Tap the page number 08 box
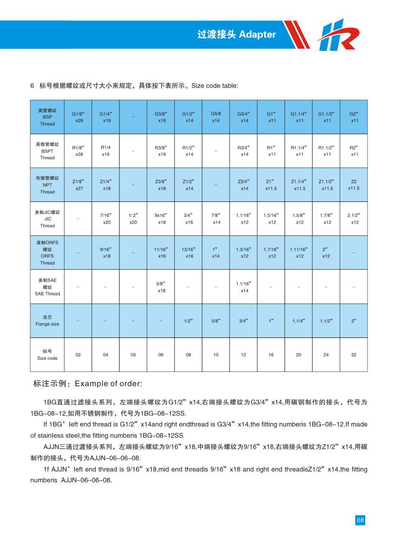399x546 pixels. coord(360,520)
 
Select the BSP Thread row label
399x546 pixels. coord(47,117)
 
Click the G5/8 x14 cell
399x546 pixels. coord(216,117)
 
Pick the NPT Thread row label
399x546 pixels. coord(47,185)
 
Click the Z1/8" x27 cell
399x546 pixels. coord(78,185)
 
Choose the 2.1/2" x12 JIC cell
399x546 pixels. coord(354,219)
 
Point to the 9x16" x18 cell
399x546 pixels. coord(161,219)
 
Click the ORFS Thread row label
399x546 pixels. coord(47,252)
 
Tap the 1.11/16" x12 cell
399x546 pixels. coord(299,252)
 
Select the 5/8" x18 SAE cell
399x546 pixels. coord(161,287)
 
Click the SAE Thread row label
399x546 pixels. coord(47,287)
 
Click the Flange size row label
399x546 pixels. coord(47,321)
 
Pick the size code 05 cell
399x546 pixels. coord(133,355)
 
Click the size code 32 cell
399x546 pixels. coord(354,355)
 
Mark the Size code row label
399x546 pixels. coord(47,355)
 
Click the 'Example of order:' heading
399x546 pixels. coord(87,384)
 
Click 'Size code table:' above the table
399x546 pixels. coord(214,86)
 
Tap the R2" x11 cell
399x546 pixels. coord(354,151)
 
